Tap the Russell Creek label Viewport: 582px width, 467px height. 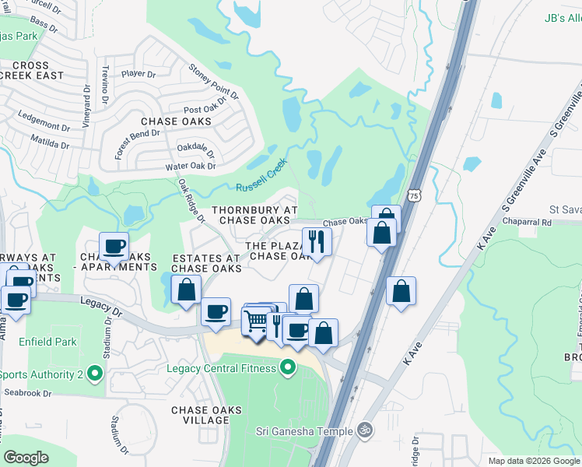coord(262,176)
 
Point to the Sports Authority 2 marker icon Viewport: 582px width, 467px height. coord(95,374)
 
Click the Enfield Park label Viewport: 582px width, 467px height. coord(49,342)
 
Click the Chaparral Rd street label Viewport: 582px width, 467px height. coord(525,222)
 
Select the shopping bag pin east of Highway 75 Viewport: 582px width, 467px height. coord(401,292)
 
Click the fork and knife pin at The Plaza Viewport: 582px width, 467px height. coord(317,241)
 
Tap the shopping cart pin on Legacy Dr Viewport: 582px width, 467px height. coord(256,320)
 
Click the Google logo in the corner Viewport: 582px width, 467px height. coord(26,458)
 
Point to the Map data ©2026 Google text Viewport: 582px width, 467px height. coord(533,461)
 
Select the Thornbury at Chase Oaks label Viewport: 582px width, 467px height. coord(254,216)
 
